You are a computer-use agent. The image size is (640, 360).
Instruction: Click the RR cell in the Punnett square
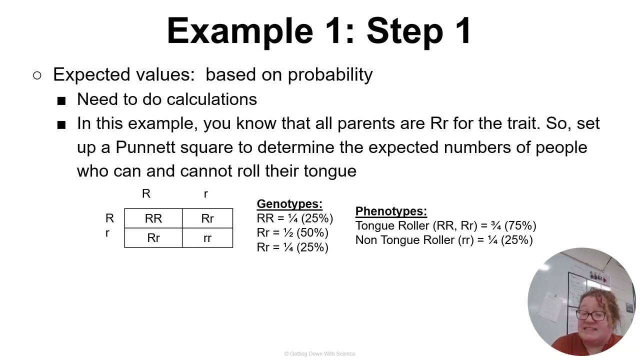[153, 218]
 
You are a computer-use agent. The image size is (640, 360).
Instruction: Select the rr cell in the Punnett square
[207, 238]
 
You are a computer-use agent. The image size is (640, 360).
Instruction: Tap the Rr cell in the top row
[207, 218]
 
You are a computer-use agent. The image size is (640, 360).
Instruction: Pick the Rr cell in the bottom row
[153, 238]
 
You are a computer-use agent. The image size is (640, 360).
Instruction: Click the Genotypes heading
[289, 204]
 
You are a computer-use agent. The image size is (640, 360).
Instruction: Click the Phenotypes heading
[391, 211]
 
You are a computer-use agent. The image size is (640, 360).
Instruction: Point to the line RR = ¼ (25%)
[294, 218]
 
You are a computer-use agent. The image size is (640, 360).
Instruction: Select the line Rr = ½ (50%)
[292, 233]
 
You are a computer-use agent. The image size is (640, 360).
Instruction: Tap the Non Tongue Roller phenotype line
[444, 240]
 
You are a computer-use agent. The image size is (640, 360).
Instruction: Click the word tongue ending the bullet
[330, 171]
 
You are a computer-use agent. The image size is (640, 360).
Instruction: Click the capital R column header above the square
[146, 194]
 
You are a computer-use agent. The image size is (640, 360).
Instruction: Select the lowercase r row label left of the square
[107, 233]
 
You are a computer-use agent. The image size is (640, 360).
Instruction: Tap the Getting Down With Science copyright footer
[320, 354]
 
